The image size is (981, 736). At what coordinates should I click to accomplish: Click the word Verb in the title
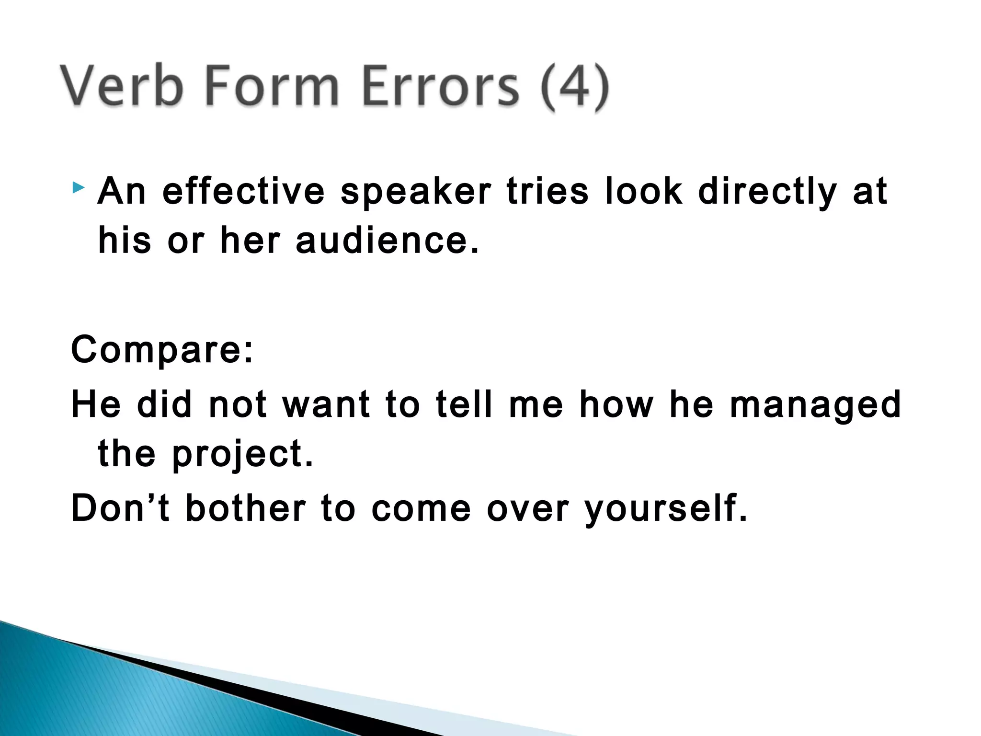(122, 86)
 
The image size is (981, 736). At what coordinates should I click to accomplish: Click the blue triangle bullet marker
(79, 187)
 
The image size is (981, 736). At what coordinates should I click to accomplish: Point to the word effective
(244, 192)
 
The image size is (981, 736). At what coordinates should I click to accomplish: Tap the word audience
(387, 241)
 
